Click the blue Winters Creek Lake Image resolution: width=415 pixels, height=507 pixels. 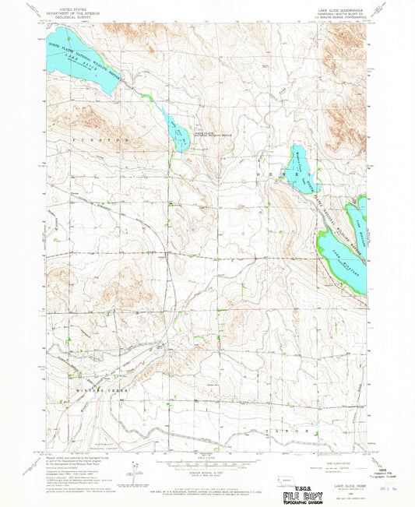tap(298, 167)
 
